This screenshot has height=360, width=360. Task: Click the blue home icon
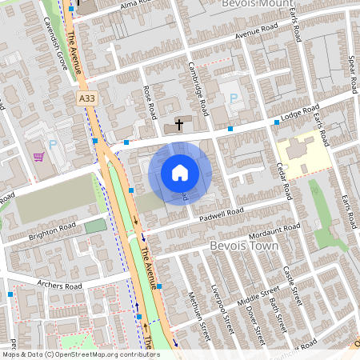[180, 172]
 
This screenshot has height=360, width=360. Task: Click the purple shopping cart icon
[38, 155]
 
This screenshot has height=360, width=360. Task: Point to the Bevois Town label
[244, 246]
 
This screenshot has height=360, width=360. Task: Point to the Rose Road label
[148, 103]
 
